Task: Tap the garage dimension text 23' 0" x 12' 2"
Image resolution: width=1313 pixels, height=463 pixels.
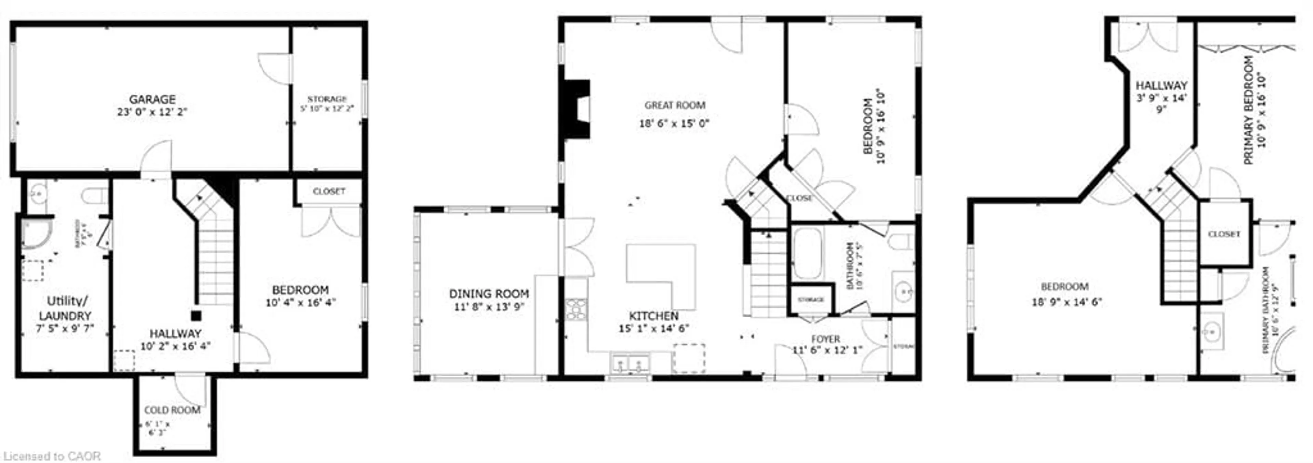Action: pos(152,112)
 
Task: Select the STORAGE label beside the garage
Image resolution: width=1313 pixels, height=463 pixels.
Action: pos(327,99)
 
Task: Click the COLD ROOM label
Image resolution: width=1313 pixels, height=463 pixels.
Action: pos(172,410)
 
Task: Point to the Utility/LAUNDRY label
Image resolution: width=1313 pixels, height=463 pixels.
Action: pos(65,308)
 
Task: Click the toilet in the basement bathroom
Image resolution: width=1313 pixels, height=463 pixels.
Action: pos(96,195)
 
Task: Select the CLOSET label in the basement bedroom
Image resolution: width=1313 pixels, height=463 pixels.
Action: pos(329,191)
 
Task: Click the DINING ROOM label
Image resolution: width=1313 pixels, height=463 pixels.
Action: pos(488,294)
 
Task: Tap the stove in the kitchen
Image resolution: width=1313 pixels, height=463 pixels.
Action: pos(576,309)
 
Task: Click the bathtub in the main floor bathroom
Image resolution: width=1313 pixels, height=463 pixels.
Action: pos(807,253)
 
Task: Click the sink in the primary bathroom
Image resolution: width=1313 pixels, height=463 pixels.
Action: pos(1211,334)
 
